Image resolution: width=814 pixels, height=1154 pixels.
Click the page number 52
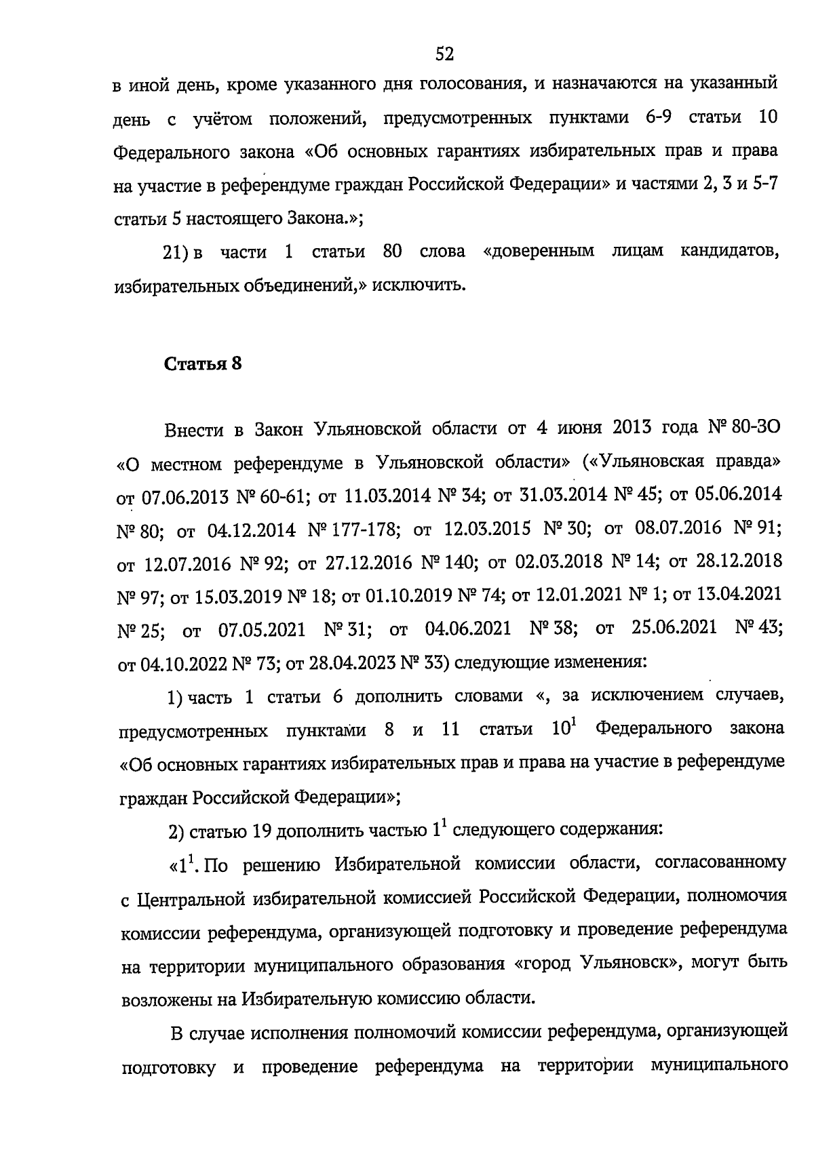444,54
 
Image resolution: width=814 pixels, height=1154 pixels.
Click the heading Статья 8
203,363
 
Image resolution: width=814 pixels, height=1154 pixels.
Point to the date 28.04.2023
351,662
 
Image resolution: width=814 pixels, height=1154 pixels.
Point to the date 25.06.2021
674,628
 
